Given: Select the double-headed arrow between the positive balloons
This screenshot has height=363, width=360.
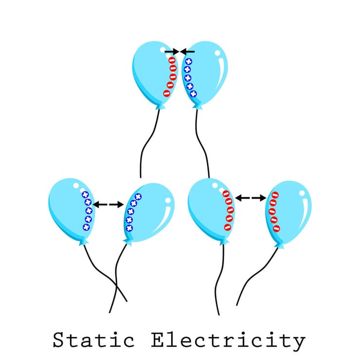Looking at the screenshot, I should click(x=108, y=205).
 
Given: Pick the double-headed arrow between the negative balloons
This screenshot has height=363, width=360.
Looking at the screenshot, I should click(x=251, y=198).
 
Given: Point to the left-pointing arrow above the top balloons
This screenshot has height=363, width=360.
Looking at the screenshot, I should click(x=188, y=51).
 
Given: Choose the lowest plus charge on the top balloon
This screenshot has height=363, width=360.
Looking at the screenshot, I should click(x=193, y=93).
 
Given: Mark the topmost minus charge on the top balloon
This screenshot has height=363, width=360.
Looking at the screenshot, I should click(x=172, y=60).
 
